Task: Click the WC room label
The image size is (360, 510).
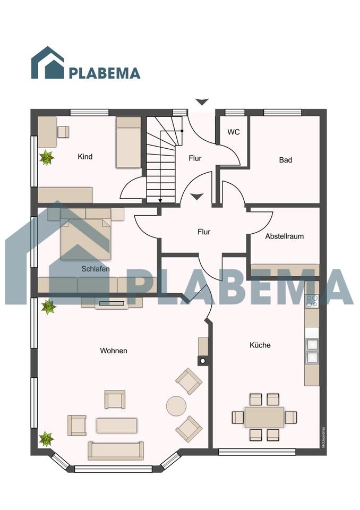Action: coord(234,132)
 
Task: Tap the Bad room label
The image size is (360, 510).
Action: coord(286,160)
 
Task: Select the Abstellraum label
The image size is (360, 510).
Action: coord(284,236)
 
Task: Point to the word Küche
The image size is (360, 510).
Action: coord(260,345)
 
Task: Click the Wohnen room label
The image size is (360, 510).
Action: coord(114,351)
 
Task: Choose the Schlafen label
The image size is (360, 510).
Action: coord(96,269)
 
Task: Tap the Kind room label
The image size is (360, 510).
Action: coord(85,156)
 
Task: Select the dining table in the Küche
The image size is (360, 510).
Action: coord(264,418)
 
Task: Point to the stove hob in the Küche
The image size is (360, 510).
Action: coord(312,302)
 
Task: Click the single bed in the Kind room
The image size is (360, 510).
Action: coord(128,142)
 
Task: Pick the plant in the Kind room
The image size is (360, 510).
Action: coord(47,157)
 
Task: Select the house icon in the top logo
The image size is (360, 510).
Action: coord(47,63)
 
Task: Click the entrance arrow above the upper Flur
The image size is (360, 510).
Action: coord(202,102)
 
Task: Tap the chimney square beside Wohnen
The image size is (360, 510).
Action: coord(203,361)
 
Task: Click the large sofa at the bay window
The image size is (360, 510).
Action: coord(115,450)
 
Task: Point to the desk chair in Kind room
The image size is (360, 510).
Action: coord(63,132)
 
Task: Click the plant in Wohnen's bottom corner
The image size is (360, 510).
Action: coord(47,439)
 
